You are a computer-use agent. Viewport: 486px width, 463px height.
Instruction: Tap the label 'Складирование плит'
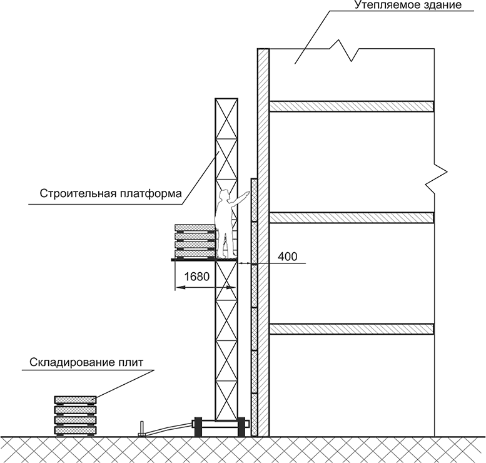[x=85, y=362]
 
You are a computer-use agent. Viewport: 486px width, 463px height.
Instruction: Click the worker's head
[x=223, y=196]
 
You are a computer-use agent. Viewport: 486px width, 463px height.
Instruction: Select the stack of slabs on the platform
[x=195, y=240]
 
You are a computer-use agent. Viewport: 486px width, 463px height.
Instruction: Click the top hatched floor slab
[x=352, y=106]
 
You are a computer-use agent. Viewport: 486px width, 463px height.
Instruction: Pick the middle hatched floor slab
[x=352, y=217]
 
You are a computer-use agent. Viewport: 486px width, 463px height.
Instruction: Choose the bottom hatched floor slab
[x=352, y=328]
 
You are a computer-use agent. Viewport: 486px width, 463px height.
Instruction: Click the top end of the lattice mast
[x=226, y=99]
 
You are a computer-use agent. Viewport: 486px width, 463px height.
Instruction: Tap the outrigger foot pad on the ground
[x=142, y=430]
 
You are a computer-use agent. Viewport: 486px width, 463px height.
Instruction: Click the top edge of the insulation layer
[x=255, y=180]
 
